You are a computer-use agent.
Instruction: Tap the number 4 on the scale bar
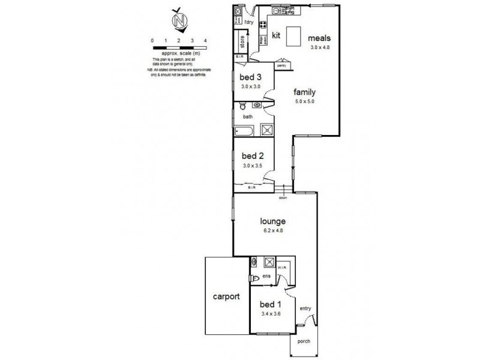(206, 40)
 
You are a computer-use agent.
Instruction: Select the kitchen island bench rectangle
(293, 37)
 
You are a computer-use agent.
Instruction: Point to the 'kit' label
(277, 35)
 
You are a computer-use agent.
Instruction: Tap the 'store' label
(242, 44)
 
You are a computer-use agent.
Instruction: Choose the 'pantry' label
(280, 65)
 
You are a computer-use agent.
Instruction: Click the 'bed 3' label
(251, 77)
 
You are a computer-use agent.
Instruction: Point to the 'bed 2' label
(251, 154)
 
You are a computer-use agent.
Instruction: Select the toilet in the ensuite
(254, 278)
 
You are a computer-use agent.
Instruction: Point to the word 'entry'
(305, 309)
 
